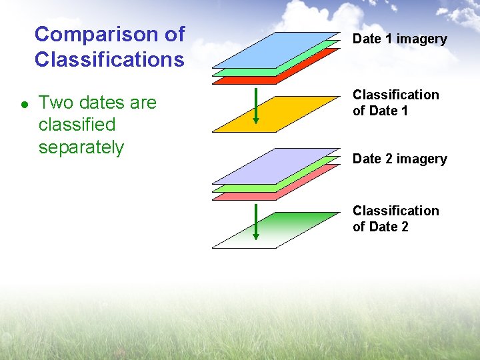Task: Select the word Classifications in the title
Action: (x=109, y=60)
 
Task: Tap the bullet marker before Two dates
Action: (x=24, y=104)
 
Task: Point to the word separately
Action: (x=81, y=147)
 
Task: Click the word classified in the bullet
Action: (x=77, y=125)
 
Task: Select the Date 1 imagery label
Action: (x=399, y=39)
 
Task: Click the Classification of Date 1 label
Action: (x=395, y=103)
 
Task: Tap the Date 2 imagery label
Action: (x=399, y=159)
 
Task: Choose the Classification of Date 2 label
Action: (x=395, y=219)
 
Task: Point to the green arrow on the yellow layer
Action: (x=255, y=107)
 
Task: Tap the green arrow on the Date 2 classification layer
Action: (x=255, y=223)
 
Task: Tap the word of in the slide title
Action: (x=173, y=34)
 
